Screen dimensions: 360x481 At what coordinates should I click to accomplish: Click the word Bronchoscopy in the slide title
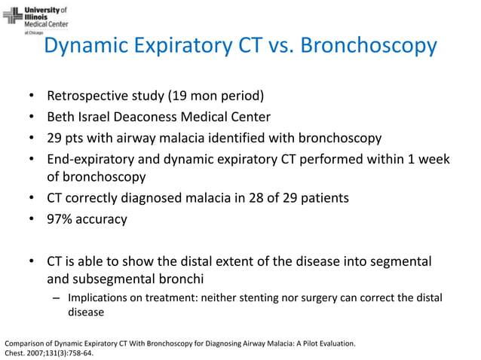369,46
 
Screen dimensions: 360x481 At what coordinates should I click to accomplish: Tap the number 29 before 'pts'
55,138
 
